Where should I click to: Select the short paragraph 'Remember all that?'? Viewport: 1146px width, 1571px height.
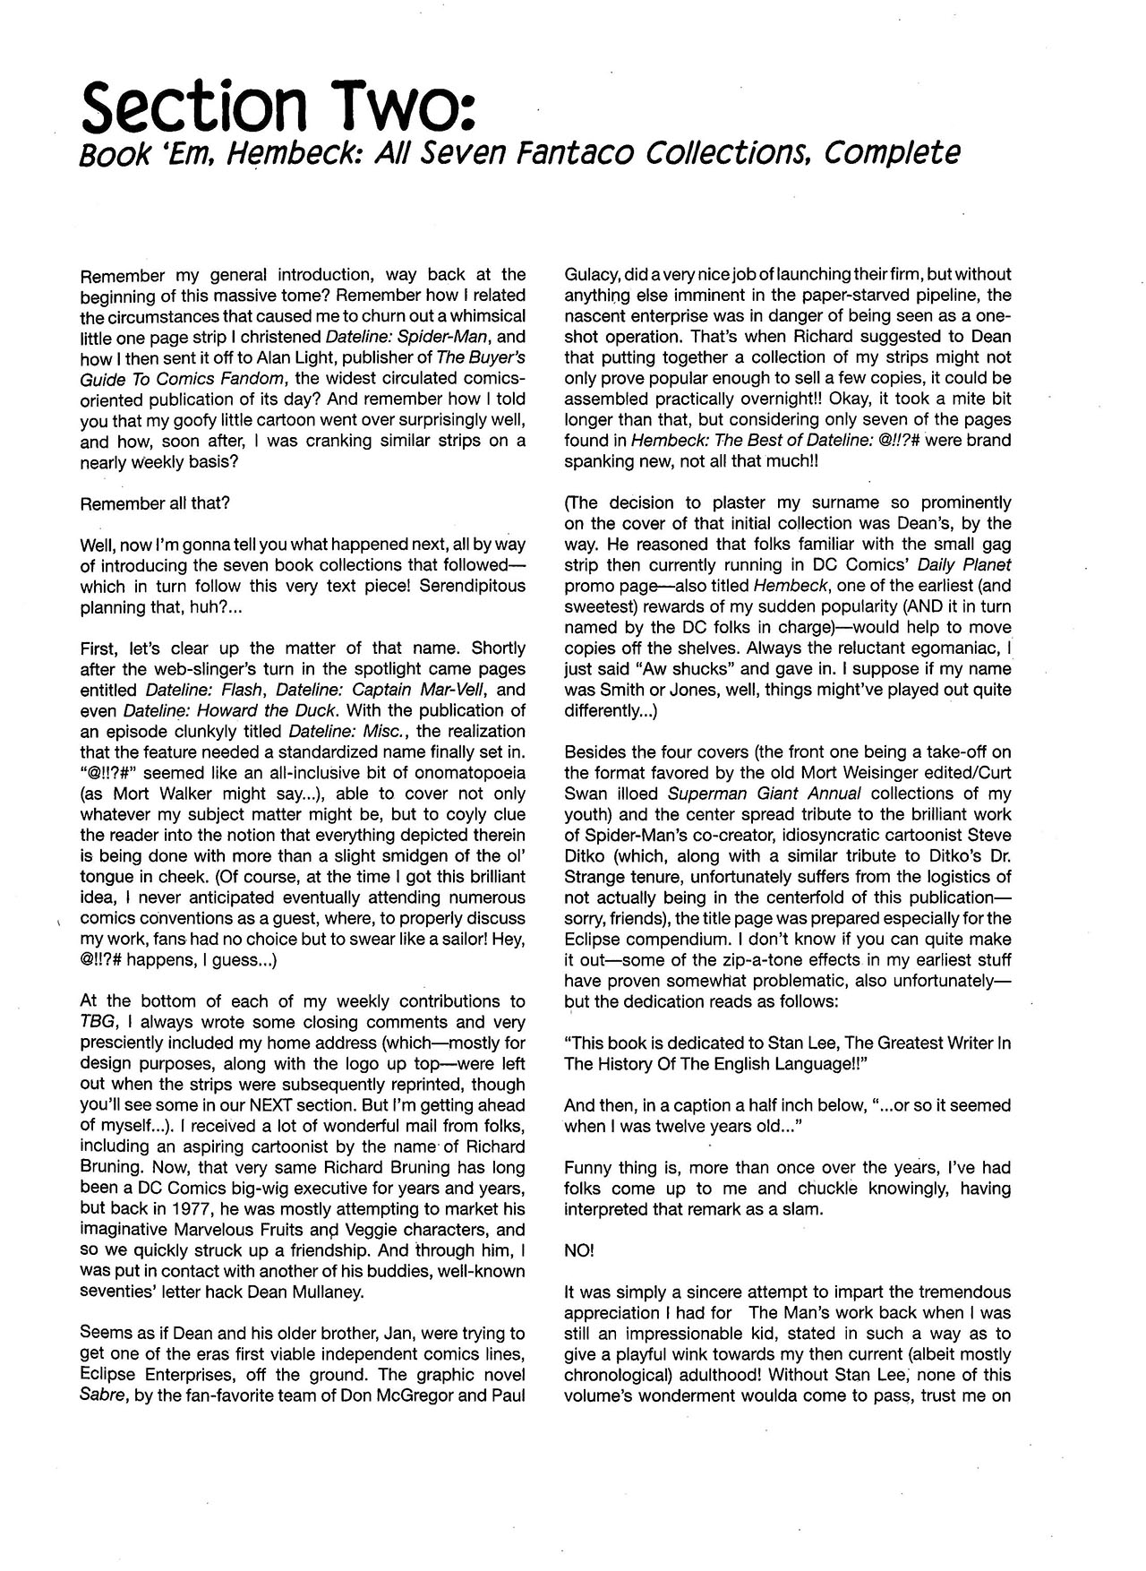155,503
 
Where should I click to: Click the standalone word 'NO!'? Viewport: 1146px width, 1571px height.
579,1250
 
